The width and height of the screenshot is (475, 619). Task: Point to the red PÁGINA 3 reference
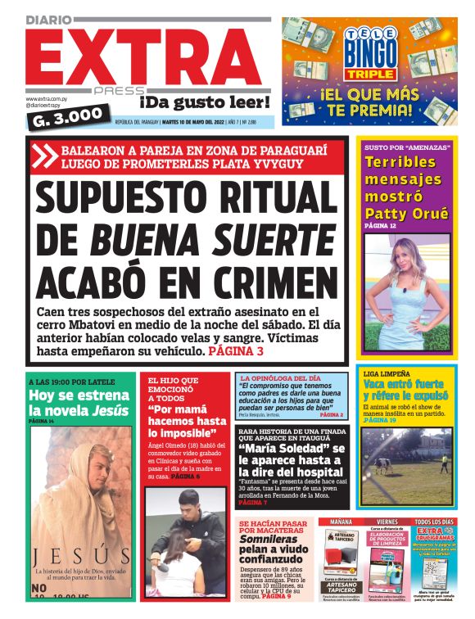[236, 351]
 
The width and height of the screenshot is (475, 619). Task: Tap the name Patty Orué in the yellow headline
[406, 215]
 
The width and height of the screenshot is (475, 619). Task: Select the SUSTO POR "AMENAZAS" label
[400, 147]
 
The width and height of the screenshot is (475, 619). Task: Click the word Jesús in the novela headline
[111, 410]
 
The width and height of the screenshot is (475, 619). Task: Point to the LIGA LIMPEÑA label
[387, 374]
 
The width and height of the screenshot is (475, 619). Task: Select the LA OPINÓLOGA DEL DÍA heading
[280, 378]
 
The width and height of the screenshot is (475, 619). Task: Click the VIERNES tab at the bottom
[387, 522]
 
